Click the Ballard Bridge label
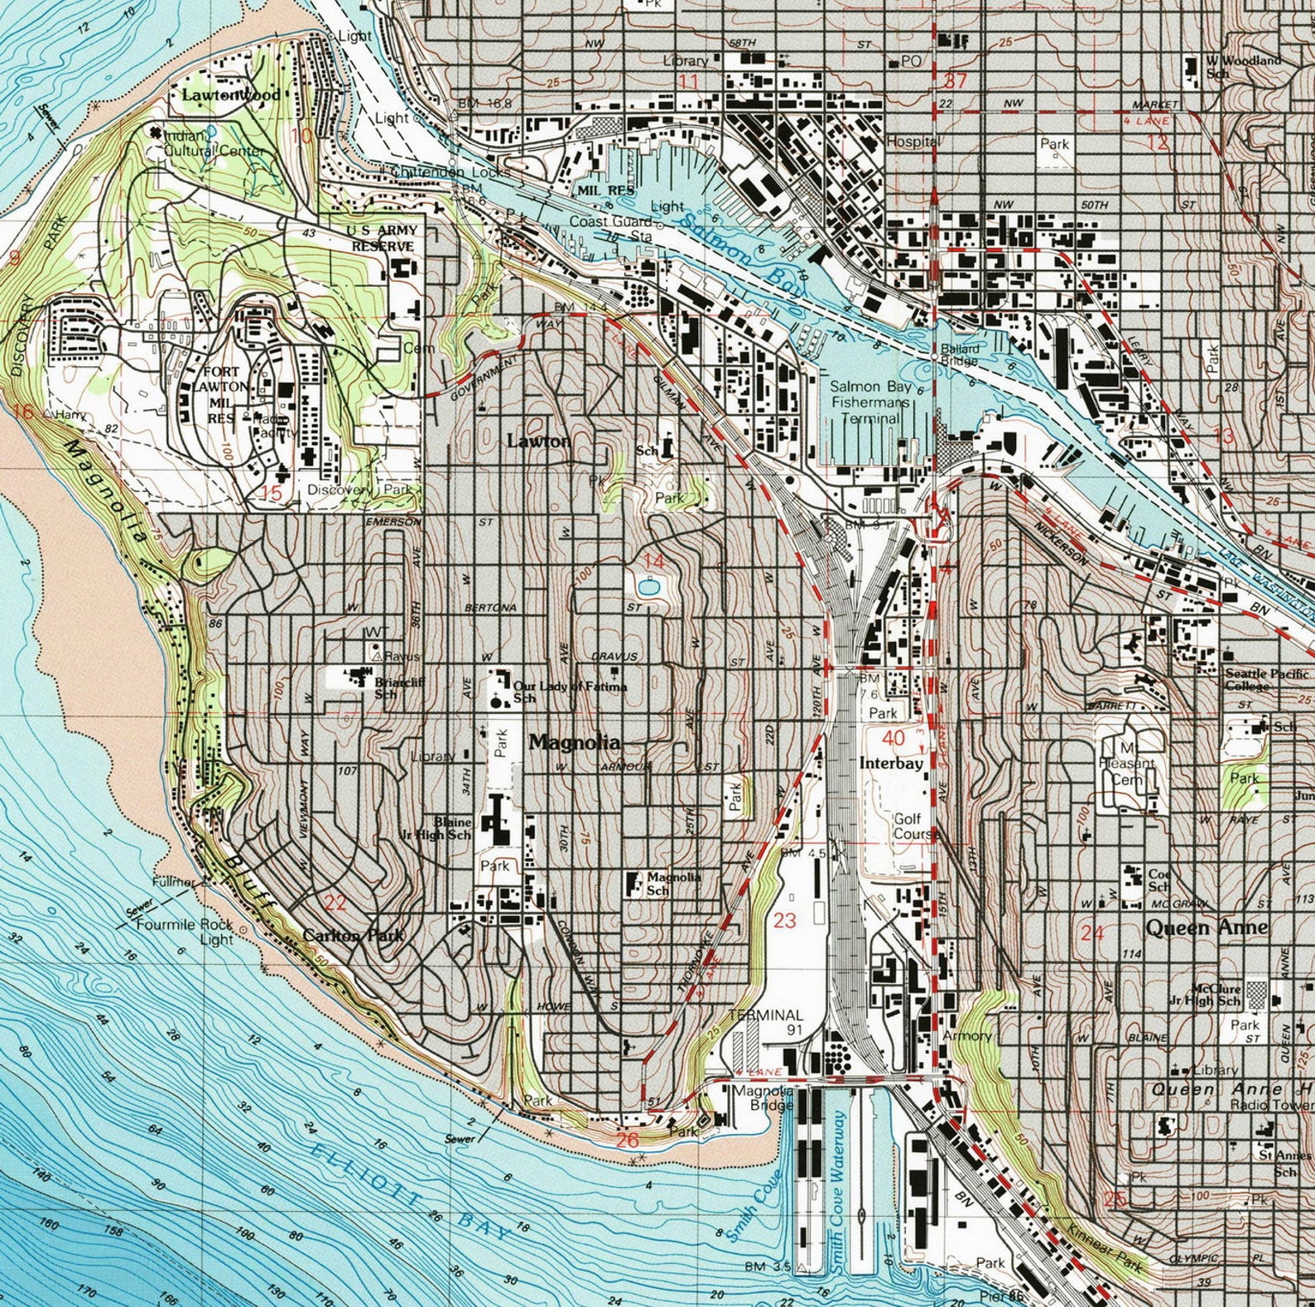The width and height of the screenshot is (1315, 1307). click(x=959, y=354)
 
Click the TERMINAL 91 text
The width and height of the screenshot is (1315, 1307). click(x=766, y=1022)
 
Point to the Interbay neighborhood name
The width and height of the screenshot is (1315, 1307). click(x=891, y=764)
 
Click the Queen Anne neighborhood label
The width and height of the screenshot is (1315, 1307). click(x=1206, y=928)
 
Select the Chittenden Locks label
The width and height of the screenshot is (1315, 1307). click(x=450, y=172)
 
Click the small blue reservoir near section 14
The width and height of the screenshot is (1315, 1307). click(x=650, y=588)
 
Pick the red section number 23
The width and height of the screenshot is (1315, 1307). click(x=784, y=920)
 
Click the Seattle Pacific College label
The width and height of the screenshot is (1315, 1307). click(x=1267, y=679)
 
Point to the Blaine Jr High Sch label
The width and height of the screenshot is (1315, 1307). click(x=452, y=828)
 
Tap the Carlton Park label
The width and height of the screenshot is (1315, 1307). click(x=354, y=935)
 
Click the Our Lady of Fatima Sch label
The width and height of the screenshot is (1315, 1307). click(x=570, y=691)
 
